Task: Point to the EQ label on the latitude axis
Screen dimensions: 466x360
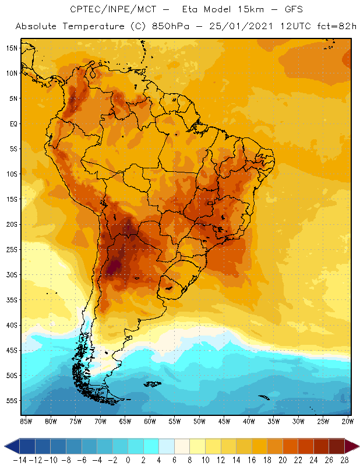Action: click(x=11, y=123)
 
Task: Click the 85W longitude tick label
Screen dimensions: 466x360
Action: click(x=26, y=421)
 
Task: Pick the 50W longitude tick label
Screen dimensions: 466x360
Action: click(x=200, y=421)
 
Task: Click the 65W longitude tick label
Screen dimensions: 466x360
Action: click(x=125, y=421)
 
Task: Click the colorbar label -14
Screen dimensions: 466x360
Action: click(x=20, y=460)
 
